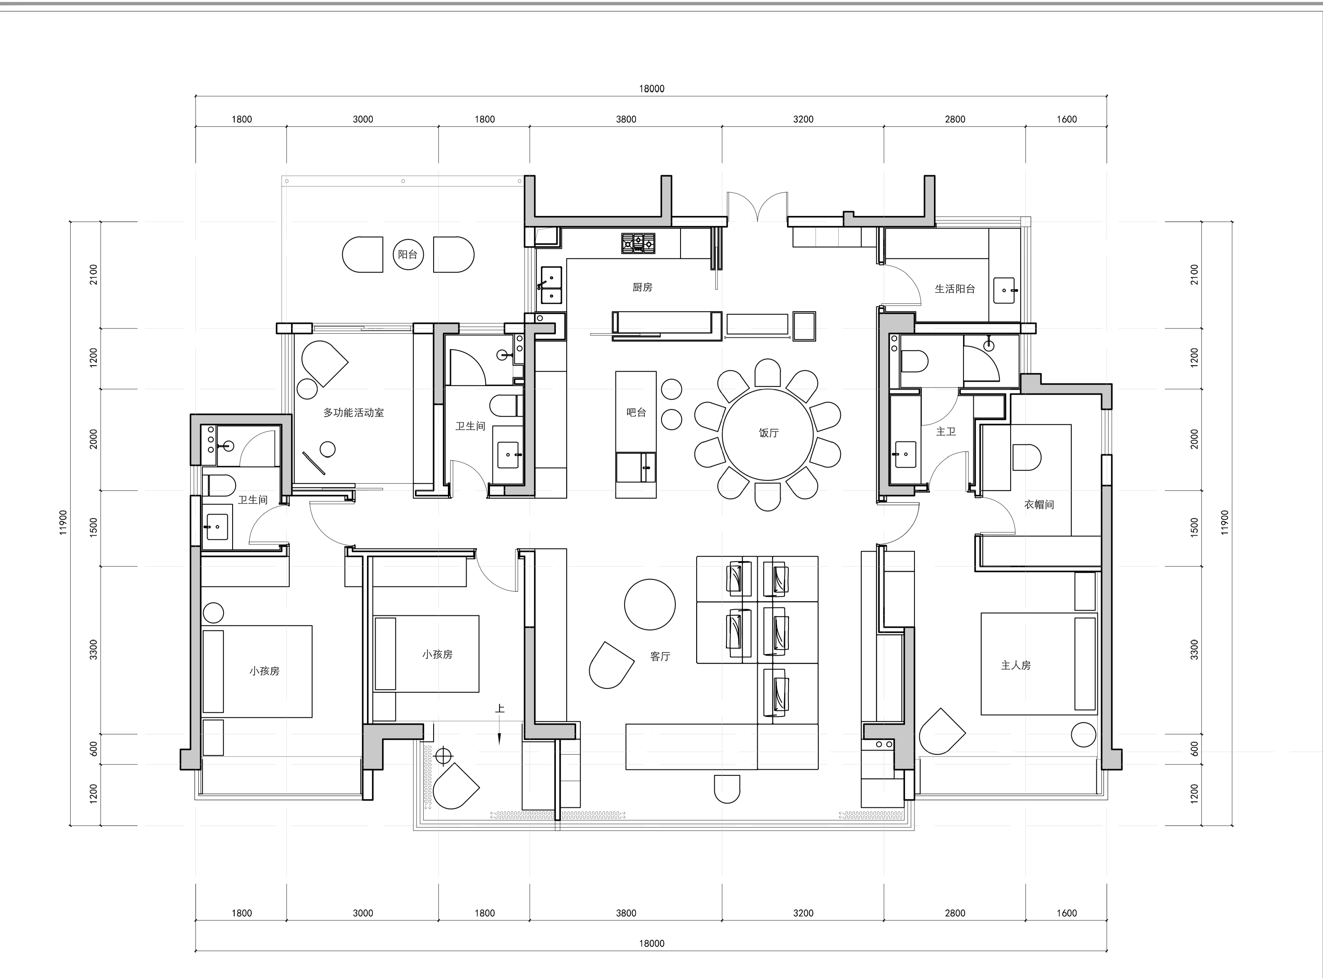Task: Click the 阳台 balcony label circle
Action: click(x=408, y=254)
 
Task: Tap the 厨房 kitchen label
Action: click(x=642, y=287)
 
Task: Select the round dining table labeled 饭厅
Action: click(x=768, y=434)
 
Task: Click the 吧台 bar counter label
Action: click(x=636, y=412)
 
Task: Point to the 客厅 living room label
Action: click(x=660, y=656)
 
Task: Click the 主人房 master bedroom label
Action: click(x=1016, y=666)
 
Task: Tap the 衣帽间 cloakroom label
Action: click(x=1039, y=505)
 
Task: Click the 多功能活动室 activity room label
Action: click(x=353, y=413)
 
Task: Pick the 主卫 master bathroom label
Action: click(x=946, y=431)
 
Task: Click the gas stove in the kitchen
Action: click(x=638, y=243)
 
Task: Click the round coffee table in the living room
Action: click(x=650, y=605)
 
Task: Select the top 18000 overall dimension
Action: click(x=652, y=89)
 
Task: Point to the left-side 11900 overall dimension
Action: click(x=63, y=523)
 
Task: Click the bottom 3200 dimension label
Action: click(x=804, y=913)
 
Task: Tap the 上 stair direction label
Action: click(x=500, y=708)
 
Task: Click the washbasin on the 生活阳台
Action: click(x=1004, y=291)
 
